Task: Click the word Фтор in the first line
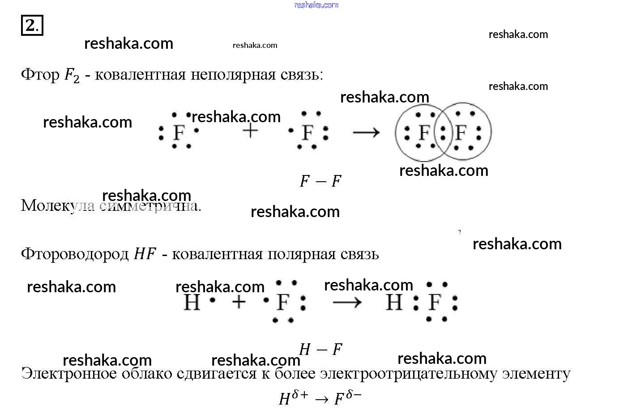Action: click(x=40, y=75)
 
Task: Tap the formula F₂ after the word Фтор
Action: click(x=72, y=75)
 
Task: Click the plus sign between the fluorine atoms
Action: click(x=251, y=132)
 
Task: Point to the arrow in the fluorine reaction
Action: click(x=366, y=132)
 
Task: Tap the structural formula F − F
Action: click(x=320, y=181)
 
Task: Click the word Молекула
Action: click(x=58, y=206)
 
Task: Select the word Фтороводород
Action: click(x=75, y=254)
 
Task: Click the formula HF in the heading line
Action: click(x=145, y=254)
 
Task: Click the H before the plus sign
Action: click(x=192, y=303)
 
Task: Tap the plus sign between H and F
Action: click(x=239, y=303)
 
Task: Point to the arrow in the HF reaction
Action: click(x=347, y=303)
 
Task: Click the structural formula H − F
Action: click(x=320, y=349)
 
